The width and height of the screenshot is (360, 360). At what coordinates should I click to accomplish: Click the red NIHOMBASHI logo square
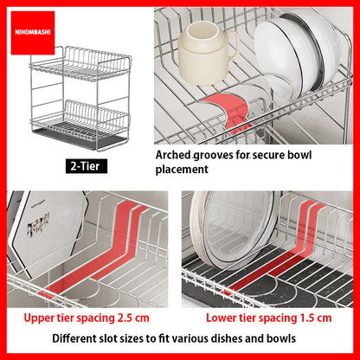(33, 33)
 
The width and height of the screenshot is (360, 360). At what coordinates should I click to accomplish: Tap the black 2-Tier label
(87, 166)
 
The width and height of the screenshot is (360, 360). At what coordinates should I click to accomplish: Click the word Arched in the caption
(173, 155)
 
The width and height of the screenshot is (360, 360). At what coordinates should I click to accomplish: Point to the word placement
(182, 170)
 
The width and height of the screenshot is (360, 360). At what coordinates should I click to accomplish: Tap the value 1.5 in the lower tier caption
(308, 318)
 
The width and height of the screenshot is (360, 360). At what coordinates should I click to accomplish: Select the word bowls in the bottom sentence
(281, 338)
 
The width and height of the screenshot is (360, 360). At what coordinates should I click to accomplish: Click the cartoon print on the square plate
(38, 224)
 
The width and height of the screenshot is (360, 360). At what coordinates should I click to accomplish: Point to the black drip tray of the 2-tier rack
(80, 139)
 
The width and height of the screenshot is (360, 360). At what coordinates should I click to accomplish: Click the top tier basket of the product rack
(80, 63)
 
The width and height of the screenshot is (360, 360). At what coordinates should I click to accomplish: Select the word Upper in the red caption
(36, 318)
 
